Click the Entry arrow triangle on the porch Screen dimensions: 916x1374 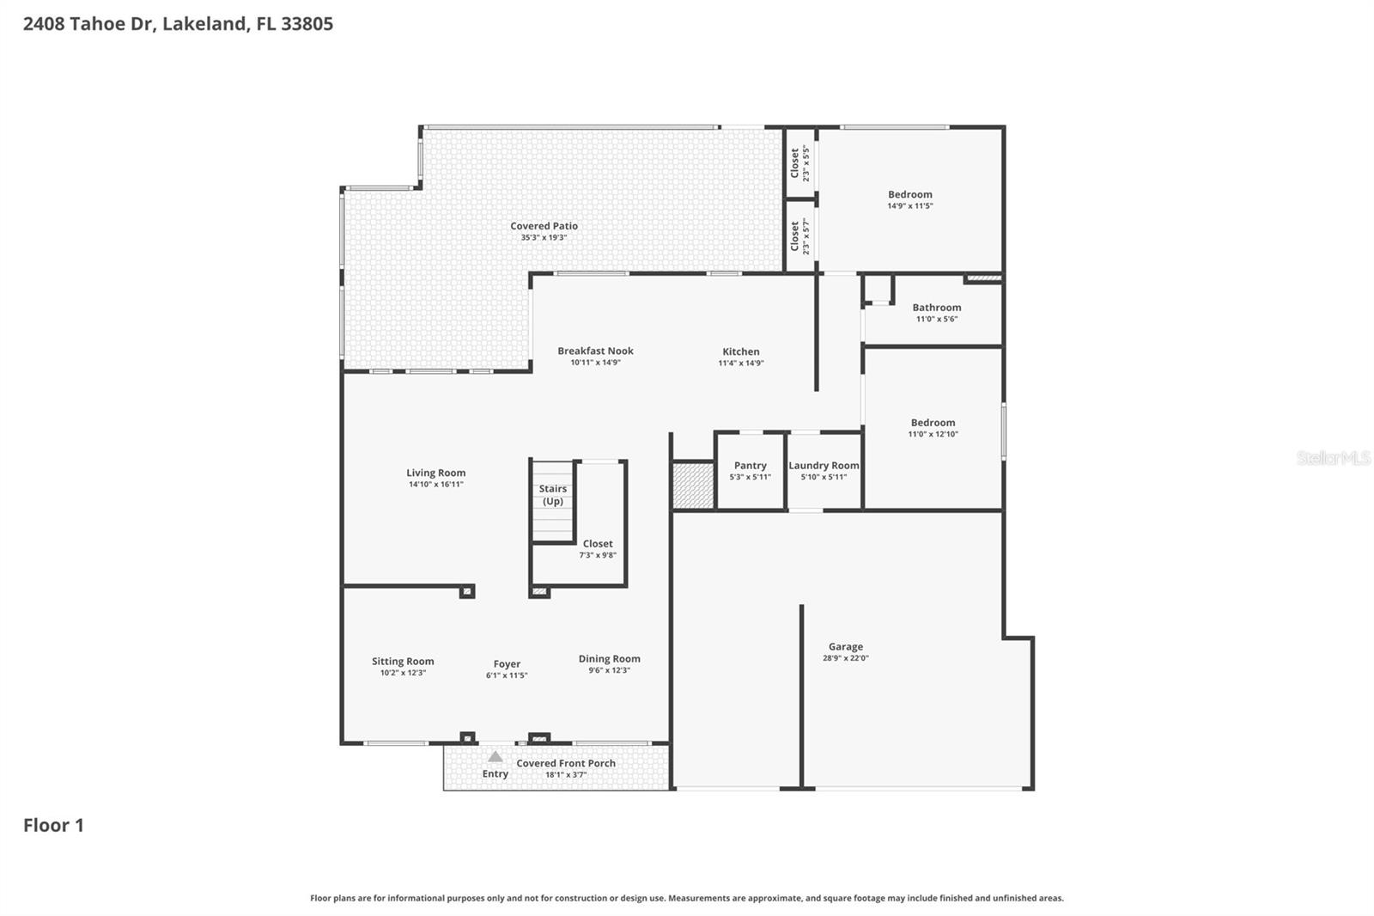495,757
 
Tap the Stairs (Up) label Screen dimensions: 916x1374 553,495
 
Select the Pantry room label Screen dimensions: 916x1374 750,466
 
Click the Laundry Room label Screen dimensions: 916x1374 824,466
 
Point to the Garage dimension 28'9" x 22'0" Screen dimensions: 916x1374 846,658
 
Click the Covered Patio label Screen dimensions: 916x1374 544,226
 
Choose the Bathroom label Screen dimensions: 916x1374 936,308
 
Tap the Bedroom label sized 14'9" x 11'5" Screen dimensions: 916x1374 909,195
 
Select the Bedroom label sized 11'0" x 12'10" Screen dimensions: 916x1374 933,423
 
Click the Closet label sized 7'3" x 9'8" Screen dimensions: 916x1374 598,544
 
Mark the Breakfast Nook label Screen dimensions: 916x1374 595,351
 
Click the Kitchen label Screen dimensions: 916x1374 740,351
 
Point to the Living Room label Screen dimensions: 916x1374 435,473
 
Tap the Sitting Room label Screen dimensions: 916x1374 403,662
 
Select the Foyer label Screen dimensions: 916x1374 507,664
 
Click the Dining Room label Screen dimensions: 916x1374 609,659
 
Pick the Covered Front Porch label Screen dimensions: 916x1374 565,763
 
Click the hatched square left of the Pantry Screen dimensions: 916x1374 692,486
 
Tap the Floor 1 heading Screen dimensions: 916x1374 53,826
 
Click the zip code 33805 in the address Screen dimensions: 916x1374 307,24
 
